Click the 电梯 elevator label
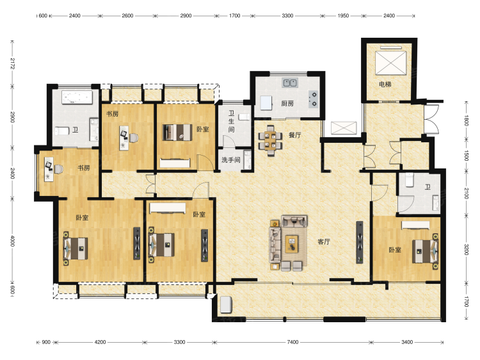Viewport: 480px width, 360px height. point(385,84)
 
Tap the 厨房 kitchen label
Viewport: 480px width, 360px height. point(287,104)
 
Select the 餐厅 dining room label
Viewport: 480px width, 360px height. point(295,135)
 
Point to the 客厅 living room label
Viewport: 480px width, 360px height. point(324,241)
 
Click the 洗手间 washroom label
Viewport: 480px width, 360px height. point(231,160)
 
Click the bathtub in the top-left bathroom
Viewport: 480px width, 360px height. point(77,97)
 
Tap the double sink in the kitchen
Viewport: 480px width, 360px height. point(290,83)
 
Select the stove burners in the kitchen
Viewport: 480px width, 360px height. point(314,99)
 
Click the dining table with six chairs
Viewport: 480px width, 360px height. point(270,140)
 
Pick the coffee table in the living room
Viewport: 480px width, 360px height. point(292,244)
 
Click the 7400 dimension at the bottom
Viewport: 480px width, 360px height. point(292,342)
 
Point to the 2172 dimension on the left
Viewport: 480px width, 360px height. point(13,63)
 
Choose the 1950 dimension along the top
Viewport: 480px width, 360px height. point(343,15)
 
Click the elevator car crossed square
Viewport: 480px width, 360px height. point(390,63)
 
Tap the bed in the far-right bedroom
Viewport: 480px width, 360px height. point(425,252)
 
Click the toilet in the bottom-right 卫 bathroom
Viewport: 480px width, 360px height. point(410,179)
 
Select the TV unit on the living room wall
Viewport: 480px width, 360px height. point(360,242)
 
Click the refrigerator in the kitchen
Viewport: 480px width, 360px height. point(266,103)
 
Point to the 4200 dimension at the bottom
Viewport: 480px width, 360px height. point(100,342)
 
